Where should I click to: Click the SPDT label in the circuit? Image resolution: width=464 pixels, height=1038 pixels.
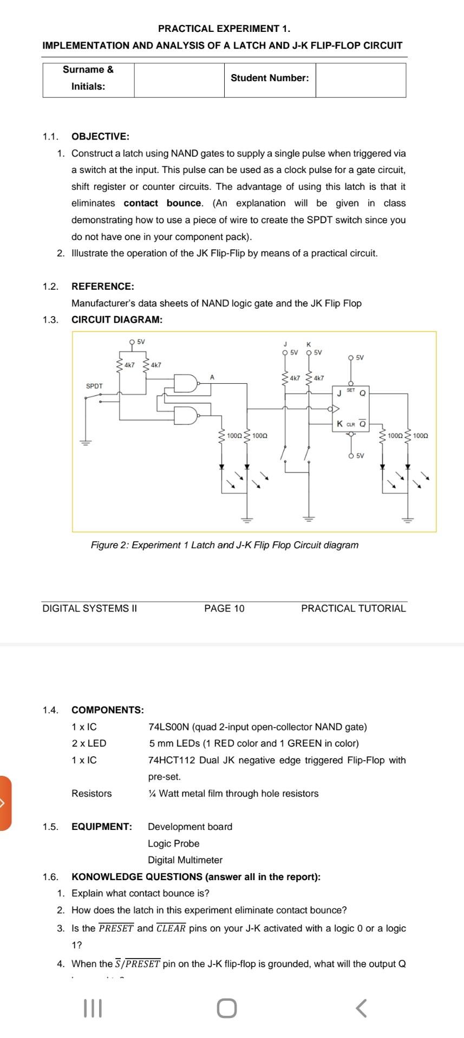pyautogui.click(x=94, y=386)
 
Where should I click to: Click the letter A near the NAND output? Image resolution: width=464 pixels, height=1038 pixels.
pyautogui.click(x=212, y=377)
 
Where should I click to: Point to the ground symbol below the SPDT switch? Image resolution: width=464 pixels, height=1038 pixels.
pyautogui.click(x=85, y=442)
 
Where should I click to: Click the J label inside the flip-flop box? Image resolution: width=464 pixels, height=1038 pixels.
pyautogui.click(x=339, y=393)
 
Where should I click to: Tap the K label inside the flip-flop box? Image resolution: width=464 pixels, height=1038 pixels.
pyautogui.click(x=339, y=424)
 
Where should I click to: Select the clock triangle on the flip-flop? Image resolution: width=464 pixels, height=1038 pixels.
pyautogui.click(x=336, y=408)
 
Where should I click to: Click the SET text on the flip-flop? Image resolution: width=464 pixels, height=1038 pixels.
pyautogui.click(x=351, y=390)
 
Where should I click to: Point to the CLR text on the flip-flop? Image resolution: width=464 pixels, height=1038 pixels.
pyautogui.click(x=350, y=424)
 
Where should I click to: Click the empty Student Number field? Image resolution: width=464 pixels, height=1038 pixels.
pyautogui.click(x=361, y=80)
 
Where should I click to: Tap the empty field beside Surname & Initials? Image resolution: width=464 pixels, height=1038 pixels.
pyautogui.click(x=179, y=80)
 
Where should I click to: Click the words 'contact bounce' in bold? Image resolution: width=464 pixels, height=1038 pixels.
pyautogui.click(x=162, y=203)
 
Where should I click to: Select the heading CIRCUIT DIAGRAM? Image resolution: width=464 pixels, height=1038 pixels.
pyautogui.click(x=117, y=320)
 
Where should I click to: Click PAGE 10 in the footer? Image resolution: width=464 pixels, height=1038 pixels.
pyautogui.click(x=224, y=608)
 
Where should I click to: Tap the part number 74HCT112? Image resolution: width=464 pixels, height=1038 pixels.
pyautogui.click(x=172, y=760)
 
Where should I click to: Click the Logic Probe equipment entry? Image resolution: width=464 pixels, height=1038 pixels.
pyautogui.click(x=173, y=843)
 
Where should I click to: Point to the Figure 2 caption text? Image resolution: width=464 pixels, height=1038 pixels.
pyautogui.click(x=224, y=545)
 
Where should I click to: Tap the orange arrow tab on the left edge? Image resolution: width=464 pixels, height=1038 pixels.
pyautogui.click(x=5, y=803)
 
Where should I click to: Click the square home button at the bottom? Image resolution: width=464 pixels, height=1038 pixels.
pyautogui.click(x=227, y=1008)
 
